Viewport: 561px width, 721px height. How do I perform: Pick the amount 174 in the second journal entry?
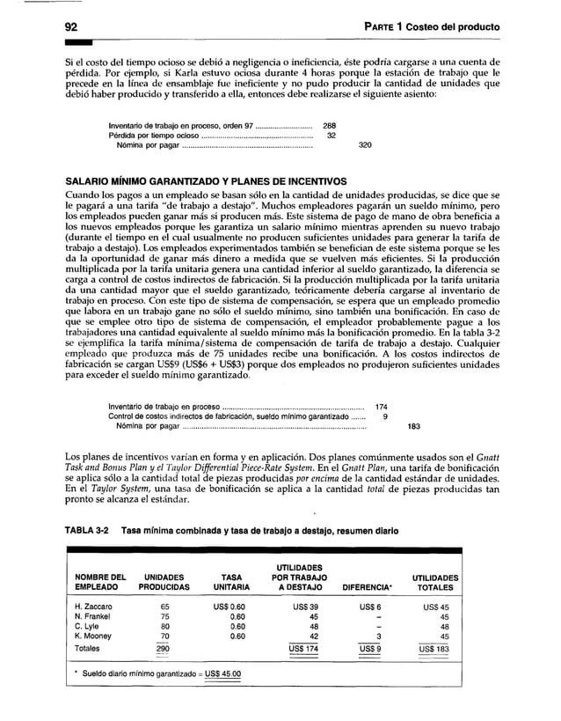point(382,407)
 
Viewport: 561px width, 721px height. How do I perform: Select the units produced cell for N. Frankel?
point(161,617)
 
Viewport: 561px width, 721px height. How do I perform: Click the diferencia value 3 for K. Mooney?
point(376,637)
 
